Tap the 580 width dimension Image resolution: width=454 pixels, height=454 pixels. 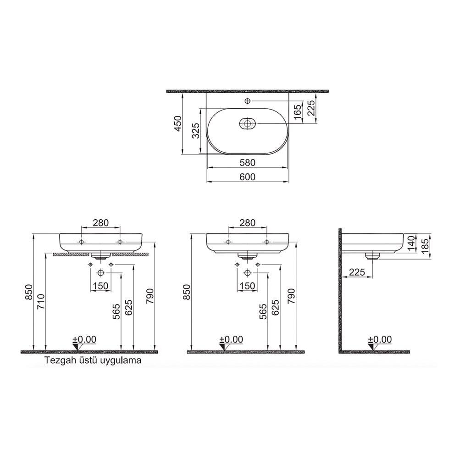coord(247,162)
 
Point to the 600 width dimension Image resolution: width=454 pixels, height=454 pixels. coord(247,176)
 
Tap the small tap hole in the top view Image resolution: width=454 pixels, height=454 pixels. coord(248,101)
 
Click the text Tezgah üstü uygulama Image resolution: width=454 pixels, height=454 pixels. coord(93,360)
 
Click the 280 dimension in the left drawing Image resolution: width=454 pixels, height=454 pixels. coord(100,223)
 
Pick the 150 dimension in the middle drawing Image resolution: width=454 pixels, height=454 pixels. coord(247,286)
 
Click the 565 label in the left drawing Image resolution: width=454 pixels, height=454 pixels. coord(116,312)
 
